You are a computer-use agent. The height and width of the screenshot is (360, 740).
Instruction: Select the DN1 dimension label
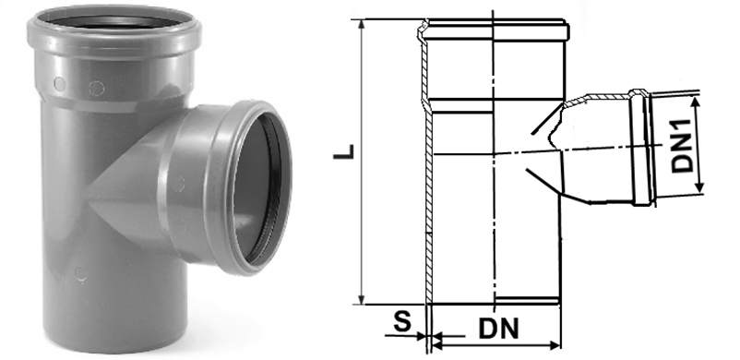tap(682, 145)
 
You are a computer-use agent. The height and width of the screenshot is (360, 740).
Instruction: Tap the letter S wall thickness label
tap(401, 323)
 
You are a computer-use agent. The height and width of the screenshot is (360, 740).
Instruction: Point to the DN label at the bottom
tap(498, 329)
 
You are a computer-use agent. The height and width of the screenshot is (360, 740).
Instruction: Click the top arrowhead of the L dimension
tap(362, 25)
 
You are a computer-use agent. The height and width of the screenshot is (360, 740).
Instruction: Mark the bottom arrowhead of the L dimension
tap(362, 299)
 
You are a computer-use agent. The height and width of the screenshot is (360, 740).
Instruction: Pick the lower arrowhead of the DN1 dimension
tap(700, 188)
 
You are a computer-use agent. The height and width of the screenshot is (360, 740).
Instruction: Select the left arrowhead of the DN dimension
tap(437, 346)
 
